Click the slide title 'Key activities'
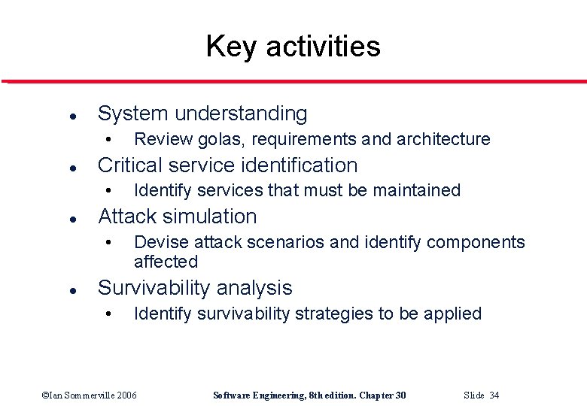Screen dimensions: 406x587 pyautogui.click(x=293, y=47)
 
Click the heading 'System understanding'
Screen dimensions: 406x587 pyautogui.click(x=202, y=114)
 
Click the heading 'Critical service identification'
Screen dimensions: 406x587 pyautogui.click(x=227, y=165)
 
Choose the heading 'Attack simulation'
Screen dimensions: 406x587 pyautogui.click(x=178, y=217)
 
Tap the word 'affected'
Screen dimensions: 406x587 pyautogui.click(x=166, y=262)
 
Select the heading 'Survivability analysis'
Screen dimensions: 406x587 pyautogui.click(x=195, y=288)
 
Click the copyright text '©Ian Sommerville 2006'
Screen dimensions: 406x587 pyautogui.click(x=90, y=395)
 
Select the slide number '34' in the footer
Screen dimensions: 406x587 pyautogui.click(x=494, y=395)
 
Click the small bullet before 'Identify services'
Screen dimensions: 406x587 pyautogui.click(x=109, y=191)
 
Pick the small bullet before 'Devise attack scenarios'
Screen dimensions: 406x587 pyautogui.click(x=109, y=243)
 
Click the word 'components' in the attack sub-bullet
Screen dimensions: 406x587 pyautogui.click(x=476, y=242)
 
